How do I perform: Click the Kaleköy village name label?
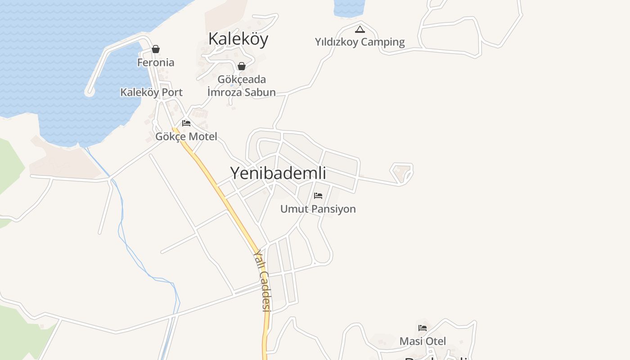tap(238, 39)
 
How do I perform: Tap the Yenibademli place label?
tap(278, 173)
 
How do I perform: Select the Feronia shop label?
tap(156, 63)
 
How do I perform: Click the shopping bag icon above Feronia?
tap(156, 49)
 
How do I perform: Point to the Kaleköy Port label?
tap(151, 92)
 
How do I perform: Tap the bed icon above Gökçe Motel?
tap(186, 123)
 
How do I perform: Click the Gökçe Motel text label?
tap(186, 136)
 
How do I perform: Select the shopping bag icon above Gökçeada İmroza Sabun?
tap(242, 66)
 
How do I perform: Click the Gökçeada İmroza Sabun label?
tap(242, 86)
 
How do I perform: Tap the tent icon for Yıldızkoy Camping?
tap(360, 30)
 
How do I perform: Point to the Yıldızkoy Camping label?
tap(360, 42)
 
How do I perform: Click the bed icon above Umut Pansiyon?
tap(318, 196)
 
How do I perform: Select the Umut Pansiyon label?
tap(318, 209)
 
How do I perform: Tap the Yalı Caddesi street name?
tap(261, 281)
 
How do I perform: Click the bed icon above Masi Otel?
tap(423, 328)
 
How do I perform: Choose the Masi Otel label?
tap(423, 341)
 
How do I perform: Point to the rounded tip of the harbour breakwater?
tap(90, 92)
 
